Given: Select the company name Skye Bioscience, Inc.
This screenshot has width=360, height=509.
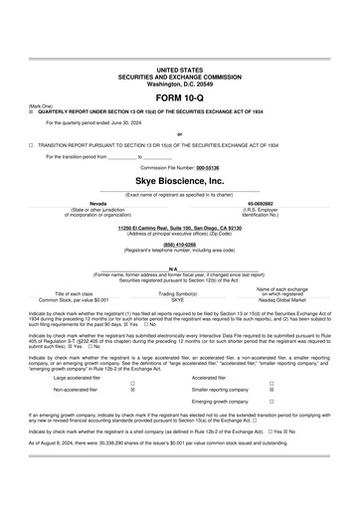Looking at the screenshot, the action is pos(179,183).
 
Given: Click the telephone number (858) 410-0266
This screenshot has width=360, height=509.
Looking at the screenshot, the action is pos(179,245).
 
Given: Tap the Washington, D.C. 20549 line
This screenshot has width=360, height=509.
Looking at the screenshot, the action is pos(179,84).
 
